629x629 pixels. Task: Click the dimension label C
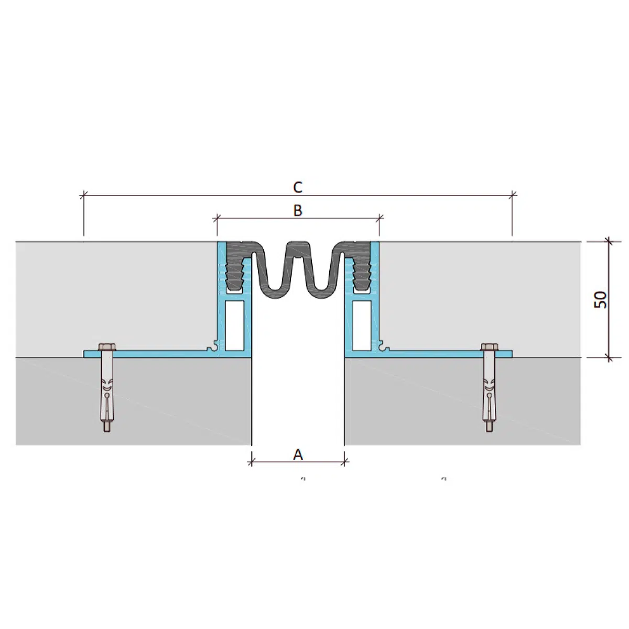(297, 187)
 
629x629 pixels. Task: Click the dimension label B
(297, 211)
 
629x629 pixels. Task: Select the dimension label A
(298, 454)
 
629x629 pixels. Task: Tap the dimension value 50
(600, 299)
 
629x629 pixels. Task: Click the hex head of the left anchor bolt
(106, 346)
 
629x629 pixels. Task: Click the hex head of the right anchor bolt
(489, 346)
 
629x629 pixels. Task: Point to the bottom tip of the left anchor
(107, 432)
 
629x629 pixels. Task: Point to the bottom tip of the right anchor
(489, 432)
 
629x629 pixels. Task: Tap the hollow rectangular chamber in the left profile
(235, 326)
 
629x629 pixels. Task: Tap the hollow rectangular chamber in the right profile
(362, 326)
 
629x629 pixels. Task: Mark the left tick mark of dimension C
(83, 195)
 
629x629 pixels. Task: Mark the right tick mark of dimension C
(512, 195)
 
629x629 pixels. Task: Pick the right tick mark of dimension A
(345, 462)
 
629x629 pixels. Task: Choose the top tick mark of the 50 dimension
(609, 242)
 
